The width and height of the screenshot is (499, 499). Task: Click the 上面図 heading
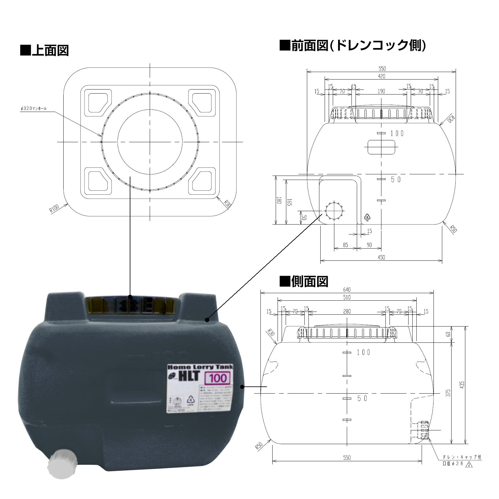(44, 50)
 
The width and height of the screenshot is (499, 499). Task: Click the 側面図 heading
(304, 281)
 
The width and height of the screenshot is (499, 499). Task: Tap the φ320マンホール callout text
(33, 109)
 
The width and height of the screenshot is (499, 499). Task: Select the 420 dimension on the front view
(381, 76)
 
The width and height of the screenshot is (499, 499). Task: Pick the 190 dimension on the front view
(381, 91)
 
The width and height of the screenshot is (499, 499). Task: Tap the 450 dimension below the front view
(381, 257)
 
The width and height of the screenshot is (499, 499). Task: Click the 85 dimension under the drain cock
(345, 245)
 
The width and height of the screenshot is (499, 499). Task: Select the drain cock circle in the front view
(334, 211)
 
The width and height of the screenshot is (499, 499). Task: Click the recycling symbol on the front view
(367, 217)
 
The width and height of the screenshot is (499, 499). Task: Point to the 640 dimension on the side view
(346, 290)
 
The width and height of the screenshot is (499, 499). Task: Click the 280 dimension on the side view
(346, 311)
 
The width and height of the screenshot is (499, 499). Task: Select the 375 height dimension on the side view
(448, 393)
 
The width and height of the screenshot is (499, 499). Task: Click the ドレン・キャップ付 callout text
(462, 457)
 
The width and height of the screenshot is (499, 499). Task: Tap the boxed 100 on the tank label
(218, 378)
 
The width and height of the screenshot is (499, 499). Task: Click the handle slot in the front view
(381, 147)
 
